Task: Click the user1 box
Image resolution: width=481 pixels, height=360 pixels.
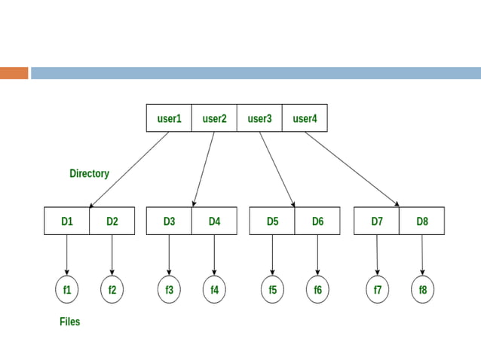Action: click(169, 118)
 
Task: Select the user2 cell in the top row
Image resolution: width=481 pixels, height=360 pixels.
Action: click(214, 118)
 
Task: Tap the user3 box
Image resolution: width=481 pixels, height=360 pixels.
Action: click(259, 118)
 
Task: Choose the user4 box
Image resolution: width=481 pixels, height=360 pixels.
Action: click(305, 118)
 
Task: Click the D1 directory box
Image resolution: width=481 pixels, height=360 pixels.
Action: click(67, 221)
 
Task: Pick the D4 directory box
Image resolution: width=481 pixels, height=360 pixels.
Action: click(214, 221)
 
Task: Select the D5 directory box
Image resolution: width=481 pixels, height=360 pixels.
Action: click(272, 221)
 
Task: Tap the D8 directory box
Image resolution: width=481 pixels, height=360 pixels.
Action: click(421, 221)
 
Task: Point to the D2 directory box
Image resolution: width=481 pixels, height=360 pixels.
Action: click(112, 221)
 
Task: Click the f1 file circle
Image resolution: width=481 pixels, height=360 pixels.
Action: click(67, 290)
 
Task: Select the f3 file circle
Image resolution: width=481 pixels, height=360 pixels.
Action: click(169, 290)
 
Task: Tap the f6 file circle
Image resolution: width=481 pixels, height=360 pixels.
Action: click(317, 290)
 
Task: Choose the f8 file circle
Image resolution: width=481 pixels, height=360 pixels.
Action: click(422, 290)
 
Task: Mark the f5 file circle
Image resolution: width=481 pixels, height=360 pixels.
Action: click(272, 290)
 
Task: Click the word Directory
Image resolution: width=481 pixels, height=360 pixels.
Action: click(89, 173)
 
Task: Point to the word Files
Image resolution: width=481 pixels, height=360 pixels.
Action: click(69, 322)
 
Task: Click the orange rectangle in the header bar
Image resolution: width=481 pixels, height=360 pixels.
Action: click(14, 73)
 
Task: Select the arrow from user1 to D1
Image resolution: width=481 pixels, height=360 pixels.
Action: click(128, 170)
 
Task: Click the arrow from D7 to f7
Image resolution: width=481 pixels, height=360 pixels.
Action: click(377, 255)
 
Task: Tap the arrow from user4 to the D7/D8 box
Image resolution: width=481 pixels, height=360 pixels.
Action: click(352, 169)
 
